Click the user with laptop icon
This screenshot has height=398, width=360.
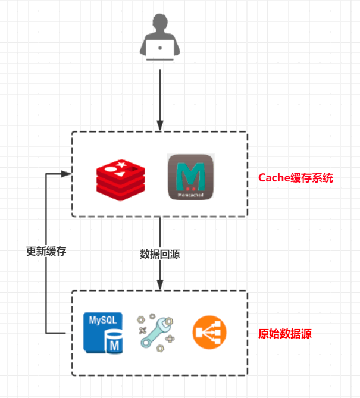(159, 39)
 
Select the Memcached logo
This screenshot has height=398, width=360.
(190, 177)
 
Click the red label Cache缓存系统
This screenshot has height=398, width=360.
(296, 177)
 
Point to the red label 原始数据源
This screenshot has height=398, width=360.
(285, 334)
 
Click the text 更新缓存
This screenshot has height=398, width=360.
(46, 251)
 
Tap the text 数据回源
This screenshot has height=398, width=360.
(159, 254)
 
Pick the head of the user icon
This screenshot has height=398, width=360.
(159, 24)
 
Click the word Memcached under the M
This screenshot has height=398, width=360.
(190, 195)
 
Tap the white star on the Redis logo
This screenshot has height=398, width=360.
(121, 164)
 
